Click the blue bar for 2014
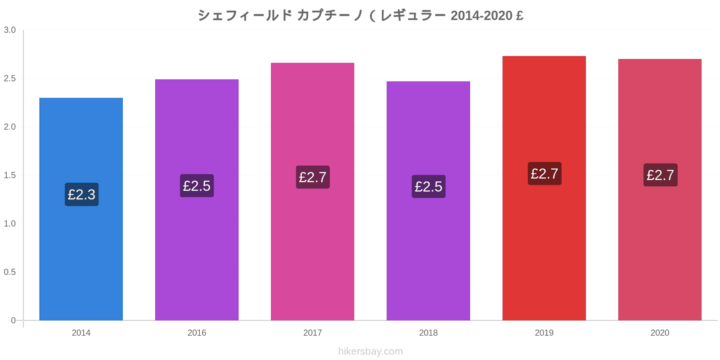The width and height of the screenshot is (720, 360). (x=81, y=209)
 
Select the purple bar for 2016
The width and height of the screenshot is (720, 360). (x=197, y=200)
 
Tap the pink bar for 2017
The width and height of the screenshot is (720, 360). (x=312, y=192)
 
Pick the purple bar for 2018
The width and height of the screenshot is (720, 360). (x=428, y=201)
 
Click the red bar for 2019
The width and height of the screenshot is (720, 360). (x=544, y=188)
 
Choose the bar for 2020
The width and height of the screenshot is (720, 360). (x=660, y=189)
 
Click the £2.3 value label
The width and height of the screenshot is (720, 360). (x=81, y=194)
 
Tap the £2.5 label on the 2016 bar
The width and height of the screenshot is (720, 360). (x=197, y=186)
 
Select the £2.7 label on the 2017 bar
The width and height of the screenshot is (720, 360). (x=313, y=177)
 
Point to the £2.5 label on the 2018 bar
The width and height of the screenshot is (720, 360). (x=428, y=186)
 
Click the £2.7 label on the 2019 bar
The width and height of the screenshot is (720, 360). (x=544, y=174)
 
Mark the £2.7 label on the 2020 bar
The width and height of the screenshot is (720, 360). (x=661, y=175)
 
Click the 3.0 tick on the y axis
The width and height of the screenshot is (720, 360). (x=9, y=30)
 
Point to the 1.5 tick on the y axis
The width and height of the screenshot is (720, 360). (x=9, y=175)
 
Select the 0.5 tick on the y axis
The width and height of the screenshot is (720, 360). (x=9, y=272)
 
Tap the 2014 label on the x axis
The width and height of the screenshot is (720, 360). (x=81, y=333)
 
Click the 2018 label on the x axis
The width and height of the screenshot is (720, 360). (x=428, y=333)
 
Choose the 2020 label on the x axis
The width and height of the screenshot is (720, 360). (x=660, y=333)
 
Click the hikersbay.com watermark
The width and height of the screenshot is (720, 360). (x=370, y=351)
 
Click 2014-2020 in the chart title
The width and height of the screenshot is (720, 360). (x=481, y=15)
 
